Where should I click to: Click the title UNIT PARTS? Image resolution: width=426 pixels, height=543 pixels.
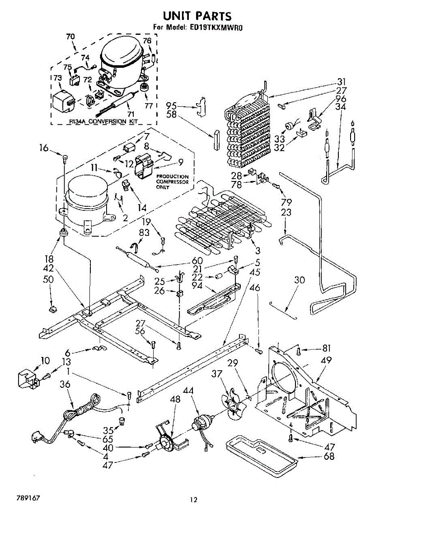tap(197, 16)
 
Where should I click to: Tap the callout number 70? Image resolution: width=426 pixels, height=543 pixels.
tap(70, 37)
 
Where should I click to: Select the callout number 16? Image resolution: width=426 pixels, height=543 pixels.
tap(43, 147)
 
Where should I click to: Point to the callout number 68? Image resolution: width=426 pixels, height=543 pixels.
tap(329, 456)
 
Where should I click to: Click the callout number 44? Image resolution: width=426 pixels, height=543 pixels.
tap(188, 390)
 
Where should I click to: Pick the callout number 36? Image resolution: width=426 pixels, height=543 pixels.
tap(65, 384)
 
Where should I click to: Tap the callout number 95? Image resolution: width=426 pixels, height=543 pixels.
tap(171, 106)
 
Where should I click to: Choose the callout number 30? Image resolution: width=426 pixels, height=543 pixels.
tap(300, 280)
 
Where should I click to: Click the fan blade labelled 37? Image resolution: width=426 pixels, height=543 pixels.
tap(234, 405)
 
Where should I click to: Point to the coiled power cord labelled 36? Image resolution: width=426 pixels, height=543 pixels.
tap(81, 410)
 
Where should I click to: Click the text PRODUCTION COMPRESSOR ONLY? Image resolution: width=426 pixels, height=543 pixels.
tap(173, 181)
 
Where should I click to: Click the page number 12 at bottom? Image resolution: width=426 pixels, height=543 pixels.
tap(193, 500)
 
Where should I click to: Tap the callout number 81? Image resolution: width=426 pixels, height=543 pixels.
tap(326, 348)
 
